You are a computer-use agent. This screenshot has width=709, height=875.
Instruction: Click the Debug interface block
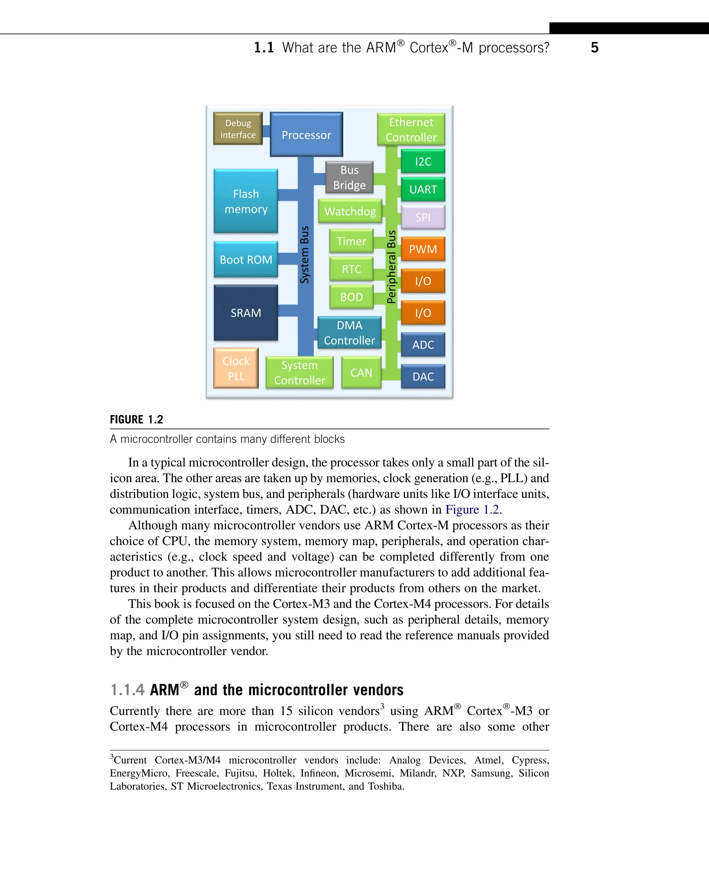coord(238,129)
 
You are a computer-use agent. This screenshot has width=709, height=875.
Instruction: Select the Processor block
coord(306,135)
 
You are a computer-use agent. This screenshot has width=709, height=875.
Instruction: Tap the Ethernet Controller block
coord(411,130)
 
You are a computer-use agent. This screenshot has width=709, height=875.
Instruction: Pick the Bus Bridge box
coord(349,177)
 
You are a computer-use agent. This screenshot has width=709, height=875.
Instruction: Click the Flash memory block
coord(246,201)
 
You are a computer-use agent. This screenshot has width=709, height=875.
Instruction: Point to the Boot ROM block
coord(246,259)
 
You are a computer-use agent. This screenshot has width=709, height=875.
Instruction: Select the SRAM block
coord(246,313)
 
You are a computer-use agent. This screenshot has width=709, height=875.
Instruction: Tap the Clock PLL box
coord(236,368)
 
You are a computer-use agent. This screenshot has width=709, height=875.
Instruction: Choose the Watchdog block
coord(350,211)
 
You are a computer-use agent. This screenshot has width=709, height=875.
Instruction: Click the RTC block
coord(351,269)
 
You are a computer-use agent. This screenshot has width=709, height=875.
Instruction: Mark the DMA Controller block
coord(349,333)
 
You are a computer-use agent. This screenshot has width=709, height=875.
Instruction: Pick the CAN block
coord(361,372)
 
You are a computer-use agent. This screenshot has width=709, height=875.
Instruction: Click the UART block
coord(423,189)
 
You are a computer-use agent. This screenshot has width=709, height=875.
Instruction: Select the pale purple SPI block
coord(423,217)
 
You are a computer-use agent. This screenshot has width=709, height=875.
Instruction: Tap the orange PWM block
coord(423,249)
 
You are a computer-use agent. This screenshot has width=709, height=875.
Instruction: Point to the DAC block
coord(423,377)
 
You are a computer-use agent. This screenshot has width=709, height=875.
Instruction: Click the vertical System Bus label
coord(305,255)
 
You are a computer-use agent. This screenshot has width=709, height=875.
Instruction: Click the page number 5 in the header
coord(595,47)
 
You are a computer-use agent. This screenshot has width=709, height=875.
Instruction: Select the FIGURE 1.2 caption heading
coord(136,419)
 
